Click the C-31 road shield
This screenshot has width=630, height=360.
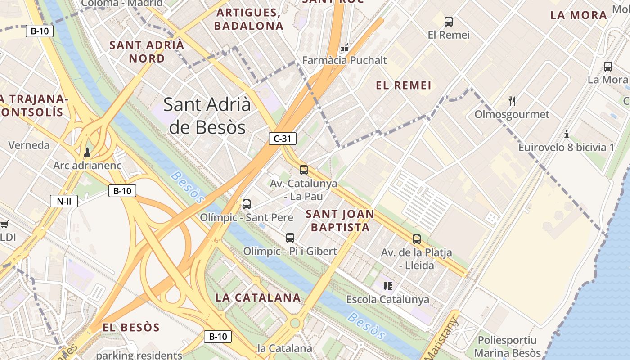pyautogui.click(x=283, y=139)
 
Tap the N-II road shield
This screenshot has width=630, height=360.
pyautogui.click(x=63, y=201)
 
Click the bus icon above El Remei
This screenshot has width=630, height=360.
pyautogui.click(x=449, y=21)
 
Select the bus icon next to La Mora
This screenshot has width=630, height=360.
pyautogui.click(x=608, y=67)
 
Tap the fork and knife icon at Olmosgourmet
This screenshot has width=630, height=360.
pyautogui.click(x=512, y=101)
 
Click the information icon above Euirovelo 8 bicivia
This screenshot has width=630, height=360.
pyautogui.click(x=567, y=134)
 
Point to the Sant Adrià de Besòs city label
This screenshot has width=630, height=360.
pyautogui.click(x=207, y=116)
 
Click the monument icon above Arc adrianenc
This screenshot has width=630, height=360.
pyautogui.click(x=87, y=153)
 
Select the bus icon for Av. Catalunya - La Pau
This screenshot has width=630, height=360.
pyautogui.click(x=304, y=170)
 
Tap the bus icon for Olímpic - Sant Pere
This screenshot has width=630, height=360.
pyautogui.click(x=246, y=204)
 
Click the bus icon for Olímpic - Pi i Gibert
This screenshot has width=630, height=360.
pyautogui.click(x=290, y=238)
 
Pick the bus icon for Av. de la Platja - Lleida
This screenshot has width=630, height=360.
pyautogui.click(x=417, y=239)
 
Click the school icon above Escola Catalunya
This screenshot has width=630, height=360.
pyautogui.click(x=387, y=286)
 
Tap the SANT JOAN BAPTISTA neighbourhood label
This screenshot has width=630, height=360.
pyautogui.click(x=340, y=220)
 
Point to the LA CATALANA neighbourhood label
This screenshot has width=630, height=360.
pyautogui.click(x=258, y=297)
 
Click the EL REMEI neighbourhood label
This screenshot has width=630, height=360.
pyautogui.click(x=404, y=85)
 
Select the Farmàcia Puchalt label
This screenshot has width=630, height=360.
pyautogui.click(x=345, y=60)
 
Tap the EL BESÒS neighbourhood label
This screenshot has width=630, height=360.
pyautogui.click(x=131, y=327)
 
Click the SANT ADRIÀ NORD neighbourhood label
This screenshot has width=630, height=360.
pyautogui.click(x=147, y=52)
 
